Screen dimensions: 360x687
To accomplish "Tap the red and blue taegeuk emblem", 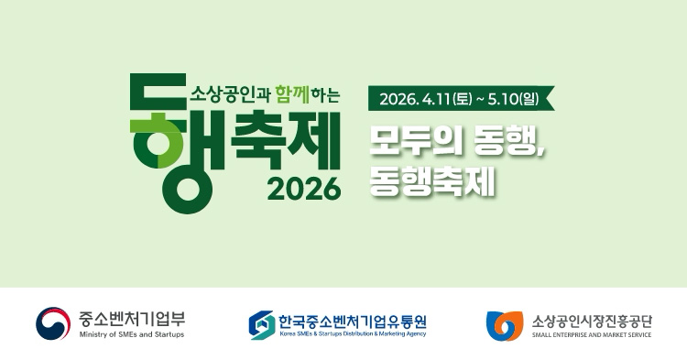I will coord(53,323).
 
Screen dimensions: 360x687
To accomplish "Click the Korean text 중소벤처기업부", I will coord(132,318).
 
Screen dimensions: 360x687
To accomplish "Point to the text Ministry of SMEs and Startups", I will coord(132,335).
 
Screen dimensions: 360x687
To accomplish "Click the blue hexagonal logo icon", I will coord(262,324).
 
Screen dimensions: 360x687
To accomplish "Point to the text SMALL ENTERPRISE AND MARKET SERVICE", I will coord(592,335).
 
